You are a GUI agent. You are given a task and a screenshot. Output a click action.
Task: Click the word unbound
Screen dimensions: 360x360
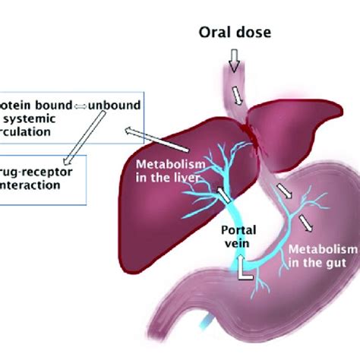click(109, 103)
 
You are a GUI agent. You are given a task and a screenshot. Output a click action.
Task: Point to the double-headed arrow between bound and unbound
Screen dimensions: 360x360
click(80, 103)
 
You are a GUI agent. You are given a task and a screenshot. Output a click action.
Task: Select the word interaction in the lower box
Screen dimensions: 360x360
click(31, 185)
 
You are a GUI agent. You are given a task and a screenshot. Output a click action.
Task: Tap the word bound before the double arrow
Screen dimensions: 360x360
click(54, 103)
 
